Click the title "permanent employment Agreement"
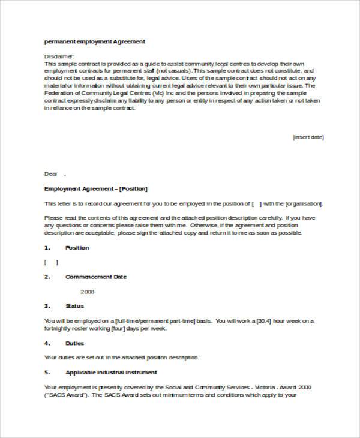coord(95,41)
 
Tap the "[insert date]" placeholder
coord(308,137)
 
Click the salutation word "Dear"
coord(51,173)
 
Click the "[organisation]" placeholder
coord(303,203)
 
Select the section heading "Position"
coord(77,247)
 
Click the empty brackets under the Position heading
coord(51,262)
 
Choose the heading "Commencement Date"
coord(95,277)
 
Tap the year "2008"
coord(88,292)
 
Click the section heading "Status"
coord(75,306)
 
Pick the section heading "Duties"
coord(75,343)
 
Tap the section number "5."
coord(47,373)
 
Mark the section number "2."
coord(47,277)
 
